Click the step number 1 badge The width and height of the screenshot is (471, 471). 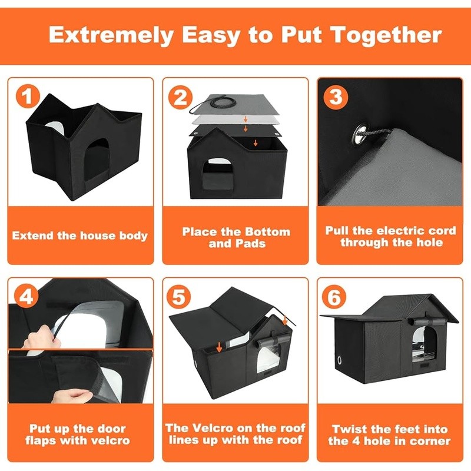click(x=28, y=96)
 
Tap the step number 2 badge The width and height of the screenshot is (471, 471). click(x=181, y=97)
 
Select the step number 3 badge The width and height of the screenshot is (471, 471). click(x=336, y=97)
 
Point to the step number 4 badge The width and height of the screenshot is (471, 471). click(x=27, y=297)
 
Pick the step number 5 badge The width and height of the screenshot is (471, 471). click(x=179, y=297)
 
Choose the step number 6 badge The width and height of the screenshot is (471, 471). click(x=334, y=297)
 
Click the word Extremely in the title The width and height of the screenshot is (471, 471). click(x=111, y=36)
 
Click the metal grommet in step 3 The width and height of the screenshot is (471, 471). click(x=360, y=135)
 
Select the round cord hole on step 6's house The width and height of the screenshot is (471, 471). click(x=340, y=359)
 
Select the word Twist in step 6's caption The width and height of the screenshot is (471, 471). click(x=350, y=429)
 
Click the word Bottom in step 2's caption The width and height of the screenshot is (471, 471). click(x=267, y=231)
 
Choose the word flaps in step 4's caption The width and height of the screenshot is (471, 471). click(x=41, y=440)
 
